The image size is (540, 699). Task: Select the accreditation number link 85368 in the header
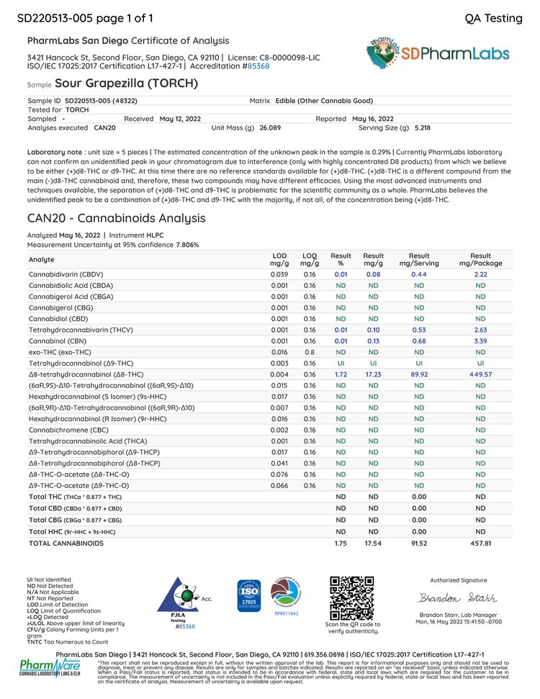tap(258, 66)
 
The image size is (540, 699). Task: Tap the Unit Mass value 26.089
tap(271, 127)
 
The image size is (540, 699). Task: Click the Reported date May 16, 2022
tap(373, 118)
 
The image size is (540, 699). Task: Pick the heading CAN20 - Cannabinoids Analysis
tap(116, 218)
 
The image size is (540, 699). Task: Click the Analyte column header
tap(41, 259)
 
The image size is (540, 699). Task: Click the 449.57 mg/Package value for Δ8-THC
tap(480, 374)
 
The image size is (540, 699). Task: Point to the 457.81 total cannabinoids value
tap(480, 543)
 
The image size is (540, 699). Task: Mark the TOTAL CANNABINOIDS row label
tap(66, 543)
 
